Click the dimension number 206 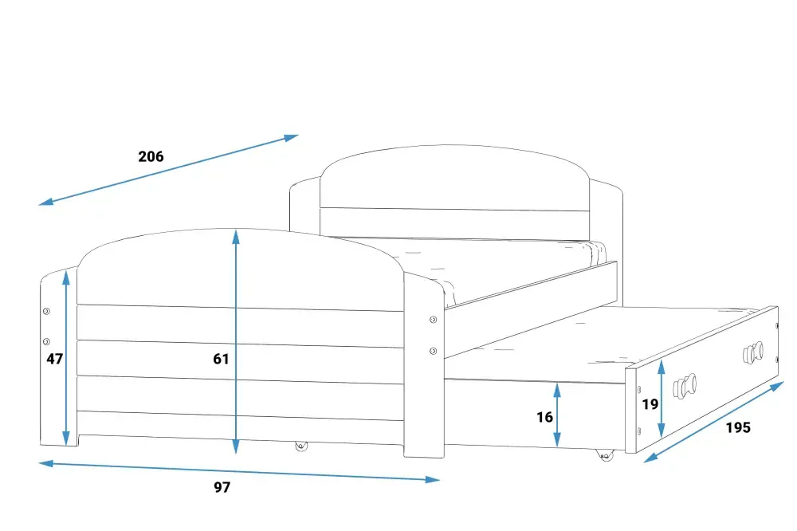click(151, 156)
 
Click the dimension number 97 click(222, 487)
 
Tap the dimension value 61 click(221, 359)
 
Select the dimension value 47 click(54, 359)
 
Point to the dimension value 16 click(544, 418)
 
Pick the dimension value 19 click(650, 404)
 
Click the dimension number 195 click(738, 427)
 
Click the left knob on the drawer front click(684, 386)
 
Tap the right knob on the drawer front click(753, 352)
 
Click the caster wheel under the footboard click(301, 446)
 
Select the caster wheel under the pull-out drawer click(605, 454)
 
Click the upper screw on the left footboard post click(46, 311)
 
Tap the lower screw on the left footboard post click(46, 341)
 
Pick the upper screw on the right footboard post click(433, 320)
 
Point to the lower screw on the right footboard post click(433, 351)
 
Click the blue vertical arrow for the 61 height click(235, 341)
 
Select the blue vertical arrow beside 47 click(66, 358)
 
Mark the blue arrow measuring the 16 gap click(557, 415)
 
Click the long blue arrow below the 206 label click(169, 170)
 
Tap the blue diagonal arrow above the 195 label click(714, 422)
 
